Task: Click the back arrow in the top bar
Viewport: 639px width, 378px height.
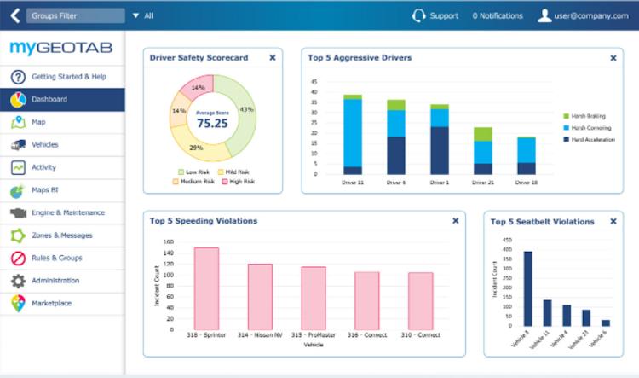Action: [14, 15]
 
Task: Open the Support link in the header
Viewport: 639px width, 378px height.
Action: [443, 15]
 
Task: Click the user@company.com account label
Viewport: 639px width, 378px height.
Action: [594, 15]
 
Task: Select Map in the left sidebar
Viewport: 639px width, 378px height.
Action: [38, 122]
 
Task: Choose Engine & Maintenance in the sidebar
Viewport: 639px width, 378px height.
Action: [67, 212]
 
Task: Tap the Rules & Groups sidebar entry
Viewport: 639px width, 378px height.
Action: [56, 258]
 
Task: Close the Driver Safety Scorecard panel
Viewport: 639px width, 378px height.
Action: [272, 58]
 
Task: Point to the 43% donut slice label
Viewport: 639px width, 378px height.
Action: [247, 109]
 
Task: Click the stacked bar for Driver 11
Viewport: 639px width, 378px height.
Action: [353, 135]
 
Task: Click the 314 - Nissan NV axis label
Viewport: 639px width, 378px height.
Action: [260, 335]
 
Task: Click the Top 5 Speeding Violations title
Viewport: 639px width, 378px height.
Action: [204, 221]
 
